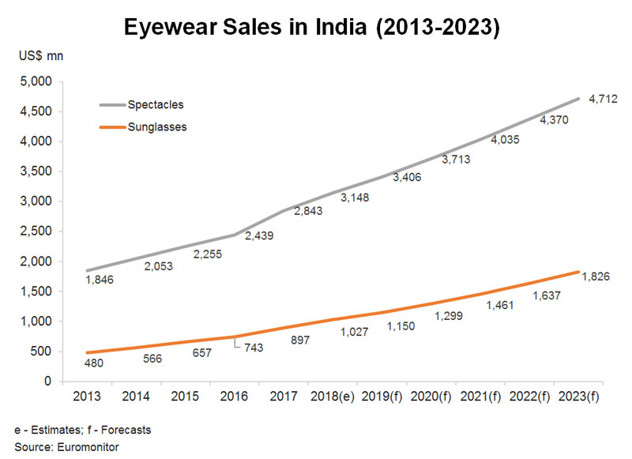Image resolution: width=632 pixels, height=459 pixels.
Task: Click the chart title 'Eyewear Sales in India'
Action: pyautogui.click(x=245, y=27)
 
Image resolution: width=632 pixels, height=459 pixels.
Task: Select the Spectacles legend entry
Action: pyautogui.click(x=141, y=105)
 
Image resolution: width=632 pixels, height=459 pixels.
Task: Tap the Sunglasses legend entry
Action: pyautogui.click(x=143, y=127)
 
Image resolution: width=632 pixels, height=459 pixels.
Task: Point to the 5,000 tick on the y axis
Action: pyautogui.click(x=36, y=81)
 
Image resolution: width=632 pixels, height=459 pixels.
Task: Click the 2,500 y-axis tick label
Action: pyautogui.click(x=36, y=231)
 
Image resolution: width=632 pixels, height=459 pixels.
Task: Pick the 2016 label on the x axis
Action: pyautogui.click(x=234, y=396)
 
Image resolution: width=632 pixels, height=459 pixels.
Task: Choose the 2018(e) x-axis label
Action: pyautogui.click(x=333, y=397)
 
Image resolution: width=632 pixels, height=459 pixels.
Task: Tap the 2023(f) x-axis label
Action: pyautogui.click(x=579, y=397)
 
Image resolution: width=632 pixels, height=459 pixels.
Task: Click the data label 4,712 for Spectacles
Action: pyautogui.click(x=603, y=99)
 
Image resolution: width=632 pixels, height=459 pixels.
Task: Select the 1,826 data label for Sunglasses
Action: pyautogui.click(x=596, y=277)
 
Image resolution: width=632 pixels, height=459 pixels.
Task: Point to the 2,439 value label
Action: pyautogui.click(x=259, y=235)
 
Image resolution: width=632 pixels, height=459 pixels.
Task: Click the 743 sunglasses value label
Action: pyautogui.click(x=254, y=348)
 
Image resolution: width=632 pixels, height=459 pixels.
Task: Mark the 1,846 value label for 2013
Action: pyautogui.click(x=100, y=280)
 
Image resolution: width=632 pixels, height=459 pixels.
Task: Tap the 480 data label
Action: pyautogui.click(x=94, y=363)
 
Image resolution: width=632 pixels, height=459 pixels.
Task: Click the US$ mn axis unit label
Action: pyautogui.click(x=41, y=55)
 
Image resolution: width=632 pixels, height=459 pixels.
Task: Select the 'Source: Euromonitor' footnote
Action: pyautogui.click(x=67, y=447)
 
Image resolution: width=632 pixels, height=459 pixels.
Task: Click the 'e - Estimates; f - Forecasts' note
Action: pyautogui.click(x=83, y=430)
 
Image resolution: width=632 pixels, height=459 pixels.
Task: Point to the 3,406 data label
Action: pyautogui.click(x=407, y=177)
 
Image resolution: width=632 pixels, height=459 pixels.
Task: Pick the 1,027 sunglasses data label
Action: pyautogui.click(x=354, y=332)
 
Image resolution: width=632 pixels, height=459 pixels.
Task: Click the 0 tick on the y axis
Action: pyautogui.click(x=48, y=381)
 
